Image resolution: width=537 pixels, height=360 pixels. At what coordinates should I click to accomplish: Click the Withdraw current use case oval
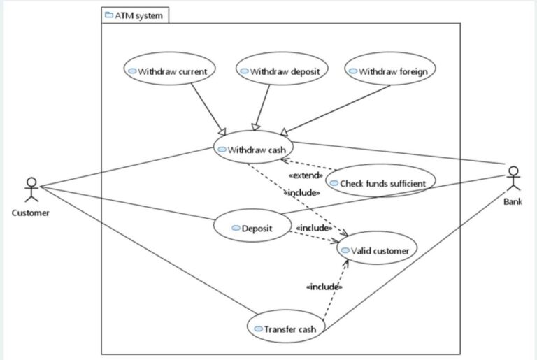pos(169,71)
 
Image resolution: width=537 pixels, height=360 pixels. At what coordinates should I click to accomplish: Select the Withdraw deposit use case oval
pos(281,71)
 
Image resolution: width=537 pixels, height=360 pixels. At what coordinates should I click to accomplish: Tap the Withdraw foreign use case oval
pos(390,71)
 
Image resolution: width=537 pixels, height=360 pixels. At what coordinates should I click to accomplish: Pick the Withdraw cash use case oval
pos(252,149)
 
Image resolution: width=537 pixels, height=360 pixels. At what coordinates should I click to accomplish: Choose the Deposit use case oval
pos(252,228)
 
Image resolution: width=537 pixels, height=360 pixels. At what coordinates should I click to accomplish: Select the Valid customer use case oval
pos(378,249)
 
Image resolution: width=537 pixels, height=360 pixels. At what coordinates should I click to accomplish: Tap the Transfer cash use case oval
pos(286,329)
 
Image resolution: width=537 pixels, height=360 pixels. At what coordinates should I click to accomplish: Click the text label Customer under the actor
pos(30,213)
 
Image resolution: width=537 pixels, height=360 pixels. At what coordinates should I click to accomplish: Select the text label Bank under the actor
pos(513,201)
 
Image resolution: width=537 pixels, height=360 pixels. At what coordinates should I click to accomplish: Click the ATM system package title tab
pos(135,15)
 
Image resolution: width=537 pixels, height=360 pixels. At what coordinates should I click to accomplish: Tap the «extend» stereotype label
pos(306,175)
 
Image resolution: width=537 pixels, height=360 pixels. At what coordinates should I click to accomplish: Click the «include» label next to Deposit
pos(313,228)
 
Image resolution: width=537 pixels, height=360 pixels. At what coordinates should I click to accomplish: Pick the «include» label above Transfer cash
pos(324,287)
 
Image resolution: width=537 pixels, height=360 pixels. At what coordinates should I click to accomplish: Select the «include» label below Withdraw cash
pos(302,192)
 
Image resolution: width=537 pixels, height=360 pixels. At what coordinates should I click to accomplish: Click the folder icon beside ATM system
pos(108,15)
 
